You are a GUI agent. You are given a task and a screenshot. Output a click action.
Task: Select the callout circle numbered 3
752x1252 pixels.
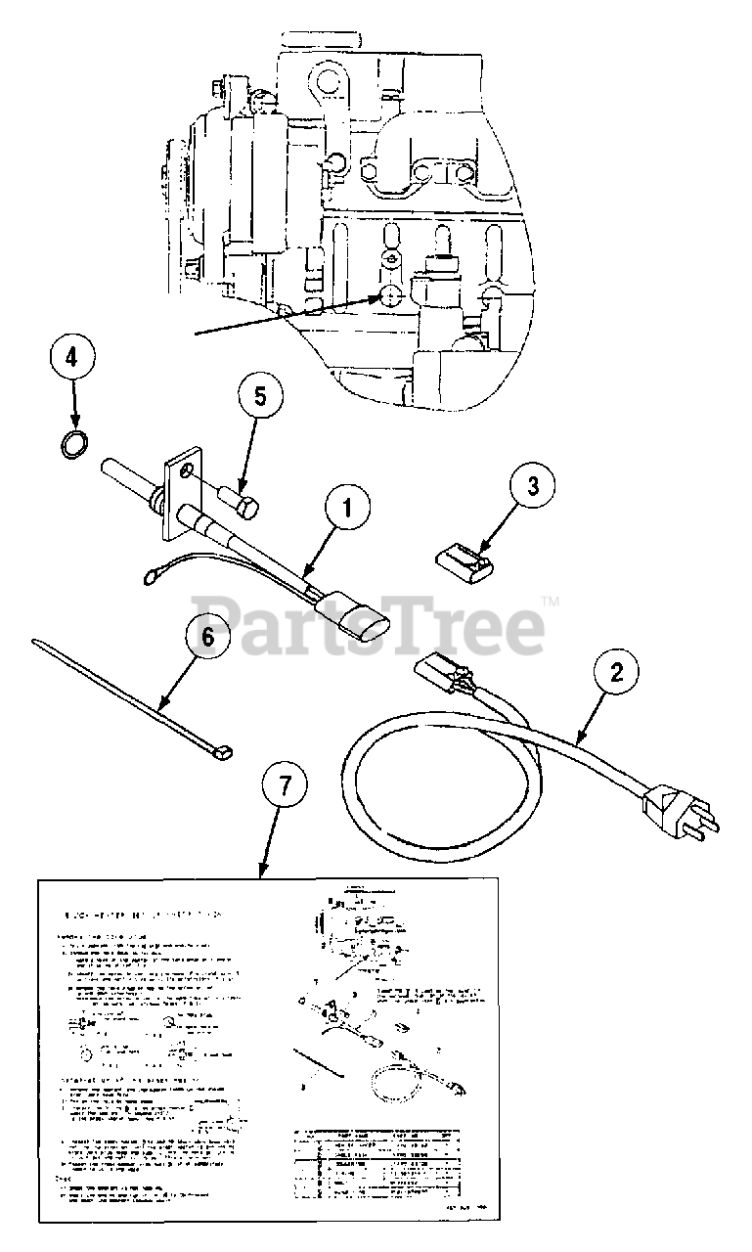click(532, 486)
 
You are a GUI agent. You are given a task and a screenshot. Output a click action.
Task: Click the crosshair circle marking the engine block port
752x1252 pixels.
click(388, 298)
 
